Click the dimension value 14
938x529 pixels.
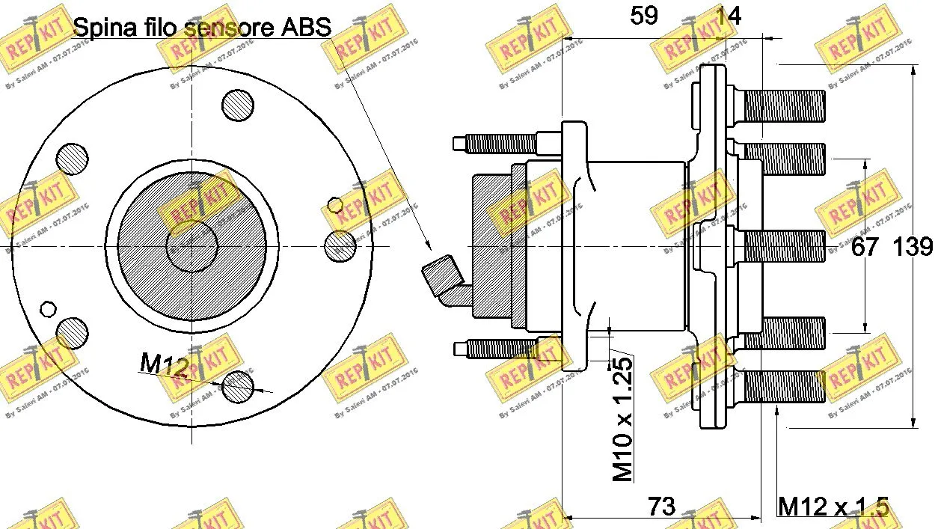[729, 16]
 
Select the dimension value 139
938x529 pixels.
[913, 247]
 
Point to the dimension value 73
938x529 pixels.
[661, 507]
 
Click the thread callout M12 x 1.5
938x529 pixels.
[833, 507]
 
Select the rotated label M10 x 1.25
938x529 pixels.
[622, 418]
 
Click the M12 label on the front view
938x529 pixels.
[163, 364]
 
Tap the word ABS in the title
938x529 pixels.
[305, 28]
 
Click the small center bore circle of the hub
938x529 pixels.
[191, 245]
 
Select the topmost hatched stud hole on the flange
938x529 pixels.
[238, 105]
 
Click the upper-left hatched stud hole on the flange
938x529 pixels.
[73, 158]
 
